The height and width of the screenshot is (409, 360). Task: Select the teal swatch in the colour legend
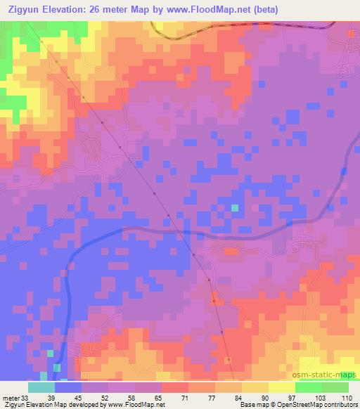point(41,387)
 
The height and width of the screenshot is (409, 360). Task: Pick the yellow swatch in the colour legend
point(281,387)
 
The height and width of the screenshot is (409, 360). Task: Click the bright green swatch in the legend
point(308,387)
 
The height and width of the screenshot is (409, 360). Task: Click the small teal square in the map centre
point(235,208)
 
